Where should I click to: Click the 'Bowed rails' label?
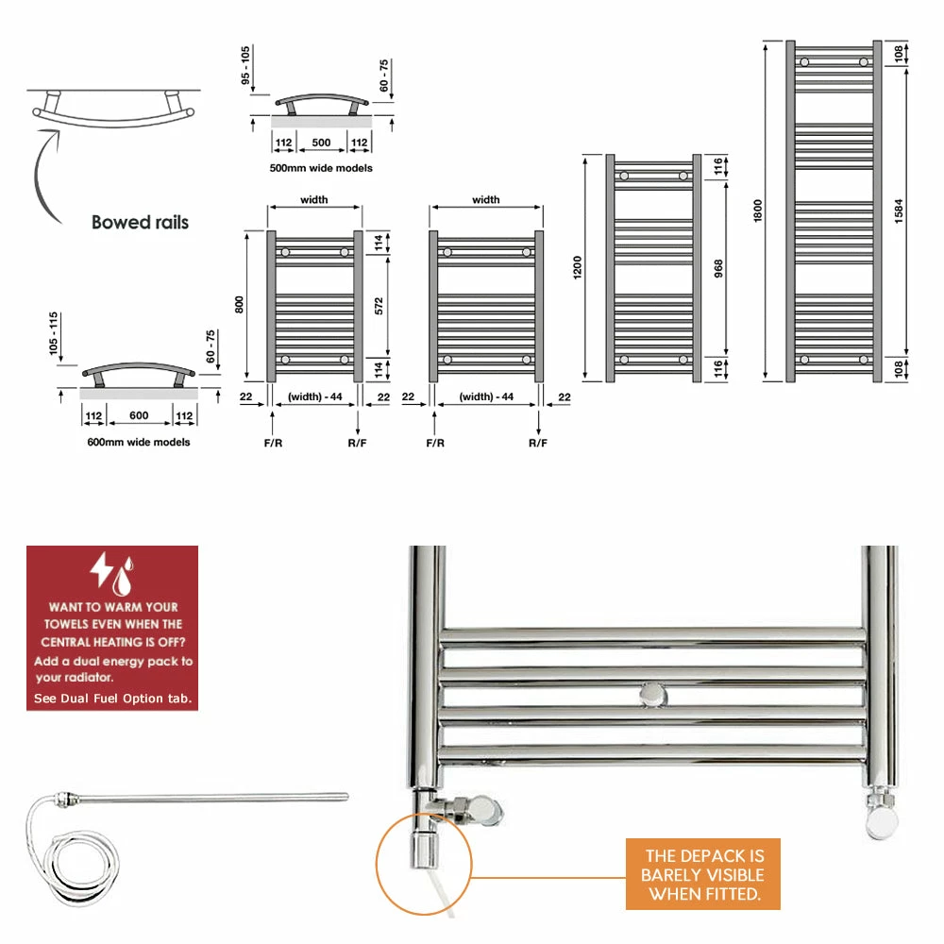[140, 222]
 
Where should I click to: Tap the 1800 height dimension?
[757, 211]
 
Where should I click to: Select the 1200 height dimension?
[578, 267]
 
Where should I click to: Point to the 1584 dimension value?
[899, 211]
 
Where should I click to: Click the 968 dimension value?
[718, 268]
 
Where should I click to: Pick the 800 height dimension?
[239, 305]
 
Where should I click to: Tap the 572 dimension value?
[379, 306]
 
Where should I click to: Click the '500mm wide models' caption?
[321, 168]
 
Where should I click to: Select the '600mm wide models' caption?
[139, 442]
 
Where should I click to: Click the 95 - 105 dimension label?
[245, 66]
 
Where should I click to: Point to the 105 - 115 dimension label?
[54, 333]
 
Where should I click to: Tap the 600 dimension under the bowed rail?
[139, 415]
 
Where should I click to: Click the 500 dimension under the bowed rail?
[321, 143]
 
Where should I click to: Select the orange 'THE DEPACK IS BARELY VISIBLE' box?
[703, 874]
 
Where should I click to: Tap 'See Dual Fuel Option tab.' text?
[112, 699]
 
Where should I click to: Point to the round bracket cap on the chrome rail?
[653, 696]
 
